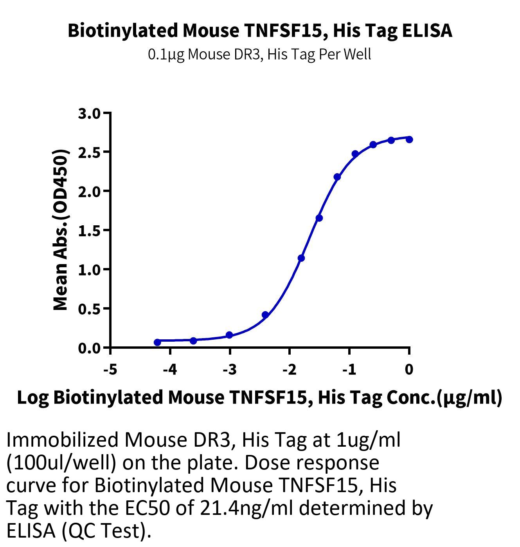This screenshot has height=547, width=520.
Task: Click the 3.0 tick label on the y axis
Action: (x=89, y=114)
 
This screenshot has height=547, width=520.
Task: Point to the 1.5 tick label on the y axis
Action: (x=89, y=231)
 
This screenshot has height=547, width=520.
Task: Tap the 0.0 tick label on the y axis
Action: (x=89, y=348)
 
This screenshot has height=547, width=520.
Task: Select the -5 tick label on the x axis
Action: (x=111, y=369)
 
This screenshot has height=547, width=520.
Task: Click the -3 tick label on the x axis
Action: (x=230, y=369)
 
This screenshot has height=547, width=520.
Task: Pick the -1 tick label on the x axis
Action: (x=349, y=369)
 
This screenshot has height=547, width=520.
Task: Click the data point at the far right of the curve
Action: (x=409, y=139)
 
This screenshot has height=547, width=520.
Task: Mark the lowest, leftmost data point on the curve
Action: (x=157, y=342)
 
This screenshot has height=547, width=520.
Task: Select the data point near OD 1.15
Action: (x=301, y=258)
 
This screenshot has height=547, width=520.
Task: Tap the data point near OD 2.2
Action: (x=337, y=177)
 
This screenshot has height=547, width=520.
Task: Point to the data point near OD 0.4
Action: (x=265, y=315)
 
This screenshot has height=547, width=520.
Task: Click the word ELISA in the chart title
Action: (x=427, y=30)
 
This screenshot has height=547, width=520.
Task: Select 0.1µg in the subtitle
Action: (x=166, y=54)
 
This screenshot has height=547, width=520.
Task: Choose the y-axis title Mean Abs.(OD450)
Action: (x=60, y=230)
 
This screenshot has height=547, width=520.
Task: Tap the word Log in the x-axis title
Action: (x=33, y=398)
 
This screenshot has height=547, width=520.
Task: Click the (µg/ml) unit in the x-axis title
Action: (x=470, y=398)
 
